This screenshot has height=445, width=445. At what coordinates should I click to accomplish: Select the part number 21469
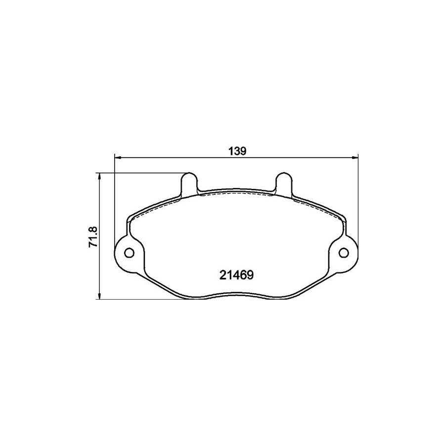click(x=236, y=275)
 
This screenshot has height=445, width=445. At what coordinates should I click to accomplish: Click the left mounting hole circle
click(x=129, y=253)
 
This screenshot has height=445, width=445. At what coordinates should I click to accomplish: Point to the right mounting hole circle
click(x=343, y=253)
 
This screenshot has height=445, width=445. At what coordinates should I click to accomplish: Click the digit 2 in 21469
click(x=222, y=275)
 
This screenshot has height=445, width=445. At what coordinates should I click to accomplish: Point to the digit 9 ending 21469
click(x=251, y=275)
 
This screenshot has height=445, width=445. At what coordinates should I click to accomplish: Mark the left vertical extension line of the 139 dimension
click(x=115, y=198)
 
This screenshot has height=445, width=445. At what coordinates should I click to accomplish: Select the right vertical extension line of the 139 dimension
click(x=357, y=198)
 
